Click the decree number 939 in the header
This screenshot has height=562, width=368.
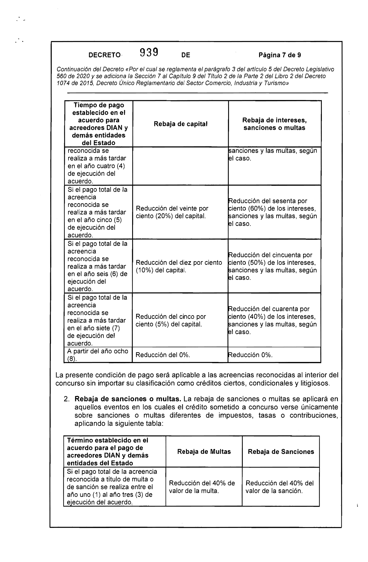149,53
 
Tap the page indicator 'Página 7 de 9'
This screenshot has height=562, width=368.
279,55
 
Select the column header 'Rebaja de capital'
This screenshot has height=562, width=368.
181,124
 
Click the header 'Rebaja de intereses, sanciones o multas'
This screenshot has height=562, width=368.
274,124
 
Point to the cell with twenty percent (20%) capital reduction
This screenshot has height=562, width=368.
172,212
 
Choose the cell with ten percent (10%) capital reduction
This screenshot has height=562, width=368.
179,266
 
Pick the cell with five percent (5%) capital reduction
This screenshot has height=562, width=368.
171,320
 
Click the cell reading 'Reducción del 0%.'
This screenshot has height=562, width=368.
163,355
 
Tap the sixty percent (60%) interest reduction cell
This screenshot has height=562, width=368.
273,212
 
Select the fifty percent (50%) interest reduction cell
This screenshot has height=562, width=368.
273,266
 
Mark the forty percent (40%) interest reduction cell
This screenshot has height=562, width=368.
273,320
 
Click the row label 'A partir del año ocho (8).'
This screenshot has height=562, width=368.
98,355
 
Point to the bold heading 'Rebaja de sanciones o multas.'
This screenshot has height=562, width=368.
128,399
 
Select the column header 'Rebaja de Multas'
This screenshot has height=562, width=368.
204,452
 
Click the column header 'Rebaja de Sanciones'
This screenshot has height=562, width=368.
281,452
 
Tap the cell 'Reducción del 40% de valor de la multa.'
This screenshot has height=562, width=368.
202,487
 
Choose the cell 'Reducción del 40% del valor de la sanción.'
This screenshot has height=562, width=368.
279,487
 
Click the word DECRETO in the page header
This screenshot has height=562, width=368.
104,55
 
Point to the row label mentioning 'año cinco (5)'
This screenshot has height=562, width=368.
97,212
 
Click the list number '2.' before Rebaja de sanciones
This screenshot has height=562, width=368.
66,399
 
